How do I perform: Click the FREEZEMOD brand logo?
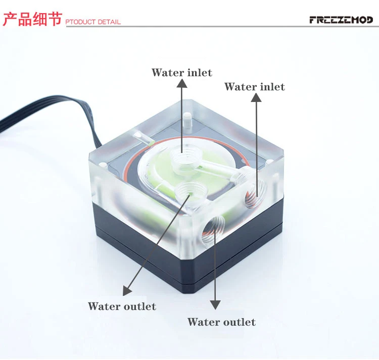[341, 20]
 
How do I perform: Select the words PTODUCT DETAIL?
[93, 22]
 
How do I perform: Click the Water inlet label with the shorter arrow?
[182, 73]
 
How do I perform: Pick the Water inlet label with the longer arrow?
[255, 87]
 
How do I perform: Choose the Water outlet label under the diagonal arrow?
[122, 306]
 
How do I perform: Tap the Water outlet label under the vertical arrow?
[221, 322]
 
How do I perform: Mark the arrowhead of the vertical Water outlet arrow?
[216, 304]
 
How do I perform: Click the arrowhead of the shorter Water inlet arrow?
[182, 84]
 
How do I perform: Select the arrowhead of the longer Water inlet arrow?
[256, 98]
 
